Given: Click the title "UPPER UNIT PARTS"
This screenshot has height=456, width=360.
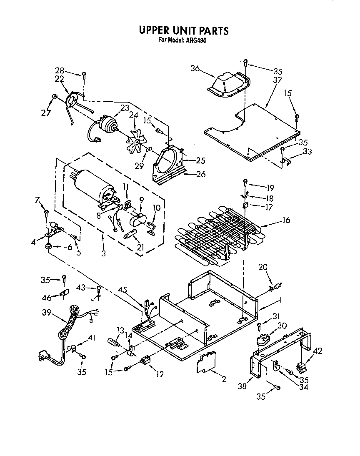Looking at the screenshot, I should coord(183,30).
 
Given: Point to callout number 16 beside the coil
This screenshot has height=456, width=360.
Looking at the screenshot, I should coord(286,220).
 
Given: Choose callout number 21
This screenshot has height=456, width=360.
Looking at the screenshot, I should coord(140,248).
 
